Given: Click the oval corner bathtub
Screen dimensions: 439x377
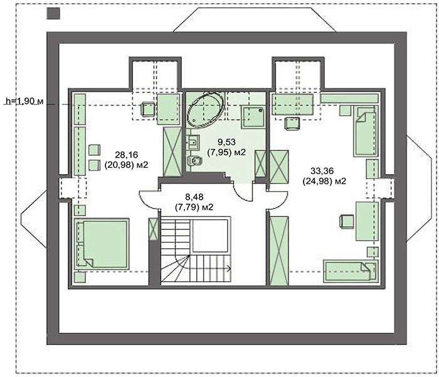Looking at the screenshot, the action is pos(206,110).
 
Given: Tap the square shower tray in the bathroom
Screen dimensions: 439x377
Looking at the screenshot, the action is pos(253,117).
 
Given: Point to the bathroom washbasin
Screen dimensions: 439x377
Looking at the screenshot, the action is pos(193,142).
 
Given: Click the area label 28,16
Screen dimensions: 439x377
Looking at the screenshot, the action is pos(126,155).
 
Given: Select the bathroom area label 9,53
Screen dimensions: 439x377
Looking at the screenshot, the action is pos(226,142).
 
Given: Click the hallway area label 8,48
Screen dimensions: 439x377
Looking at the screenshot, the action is pos(194,196).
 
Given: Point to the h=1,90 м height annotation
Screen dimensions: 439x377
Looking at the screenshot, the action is pos(24,101).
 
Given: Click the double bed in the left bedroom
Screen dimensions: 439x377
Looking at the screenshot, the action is pos(102,244).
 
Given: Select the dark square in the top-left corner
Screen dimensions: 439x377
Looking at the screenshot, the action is pos(53,13).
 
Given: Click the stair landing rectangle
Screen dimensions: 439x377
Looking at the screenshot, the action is pos(210,236).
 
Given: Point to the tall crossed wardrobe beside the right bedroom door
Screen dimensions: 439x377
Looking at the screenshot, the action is pos(279,251).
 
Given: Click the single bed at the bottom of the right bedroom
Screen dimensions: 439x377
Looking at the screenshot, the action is pos(351,271).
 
